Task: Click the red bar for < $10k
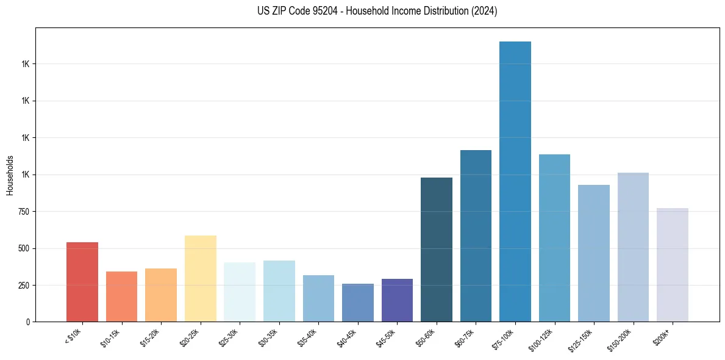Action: [82, 282]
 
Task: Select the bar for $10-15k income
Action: [121, 297]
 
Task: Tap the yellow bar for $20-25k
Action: [200, 278]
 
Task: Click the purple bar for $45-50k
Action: [397, 300]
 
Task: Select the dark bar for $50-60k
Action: [436, 250]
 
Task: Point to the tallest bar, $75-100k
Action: [515, 181]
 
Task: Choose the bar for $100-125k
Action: [554, 238]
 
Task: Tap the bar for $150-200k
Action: [633, 247]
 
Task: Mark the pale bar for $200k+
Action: [672, 265]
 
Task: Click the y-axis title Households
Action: [10, 175]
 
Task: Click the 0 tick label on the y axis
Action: [28, 322]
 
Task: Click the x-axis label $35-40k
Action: [308, 337]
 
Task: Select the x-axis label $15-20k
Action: [151, 337]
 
